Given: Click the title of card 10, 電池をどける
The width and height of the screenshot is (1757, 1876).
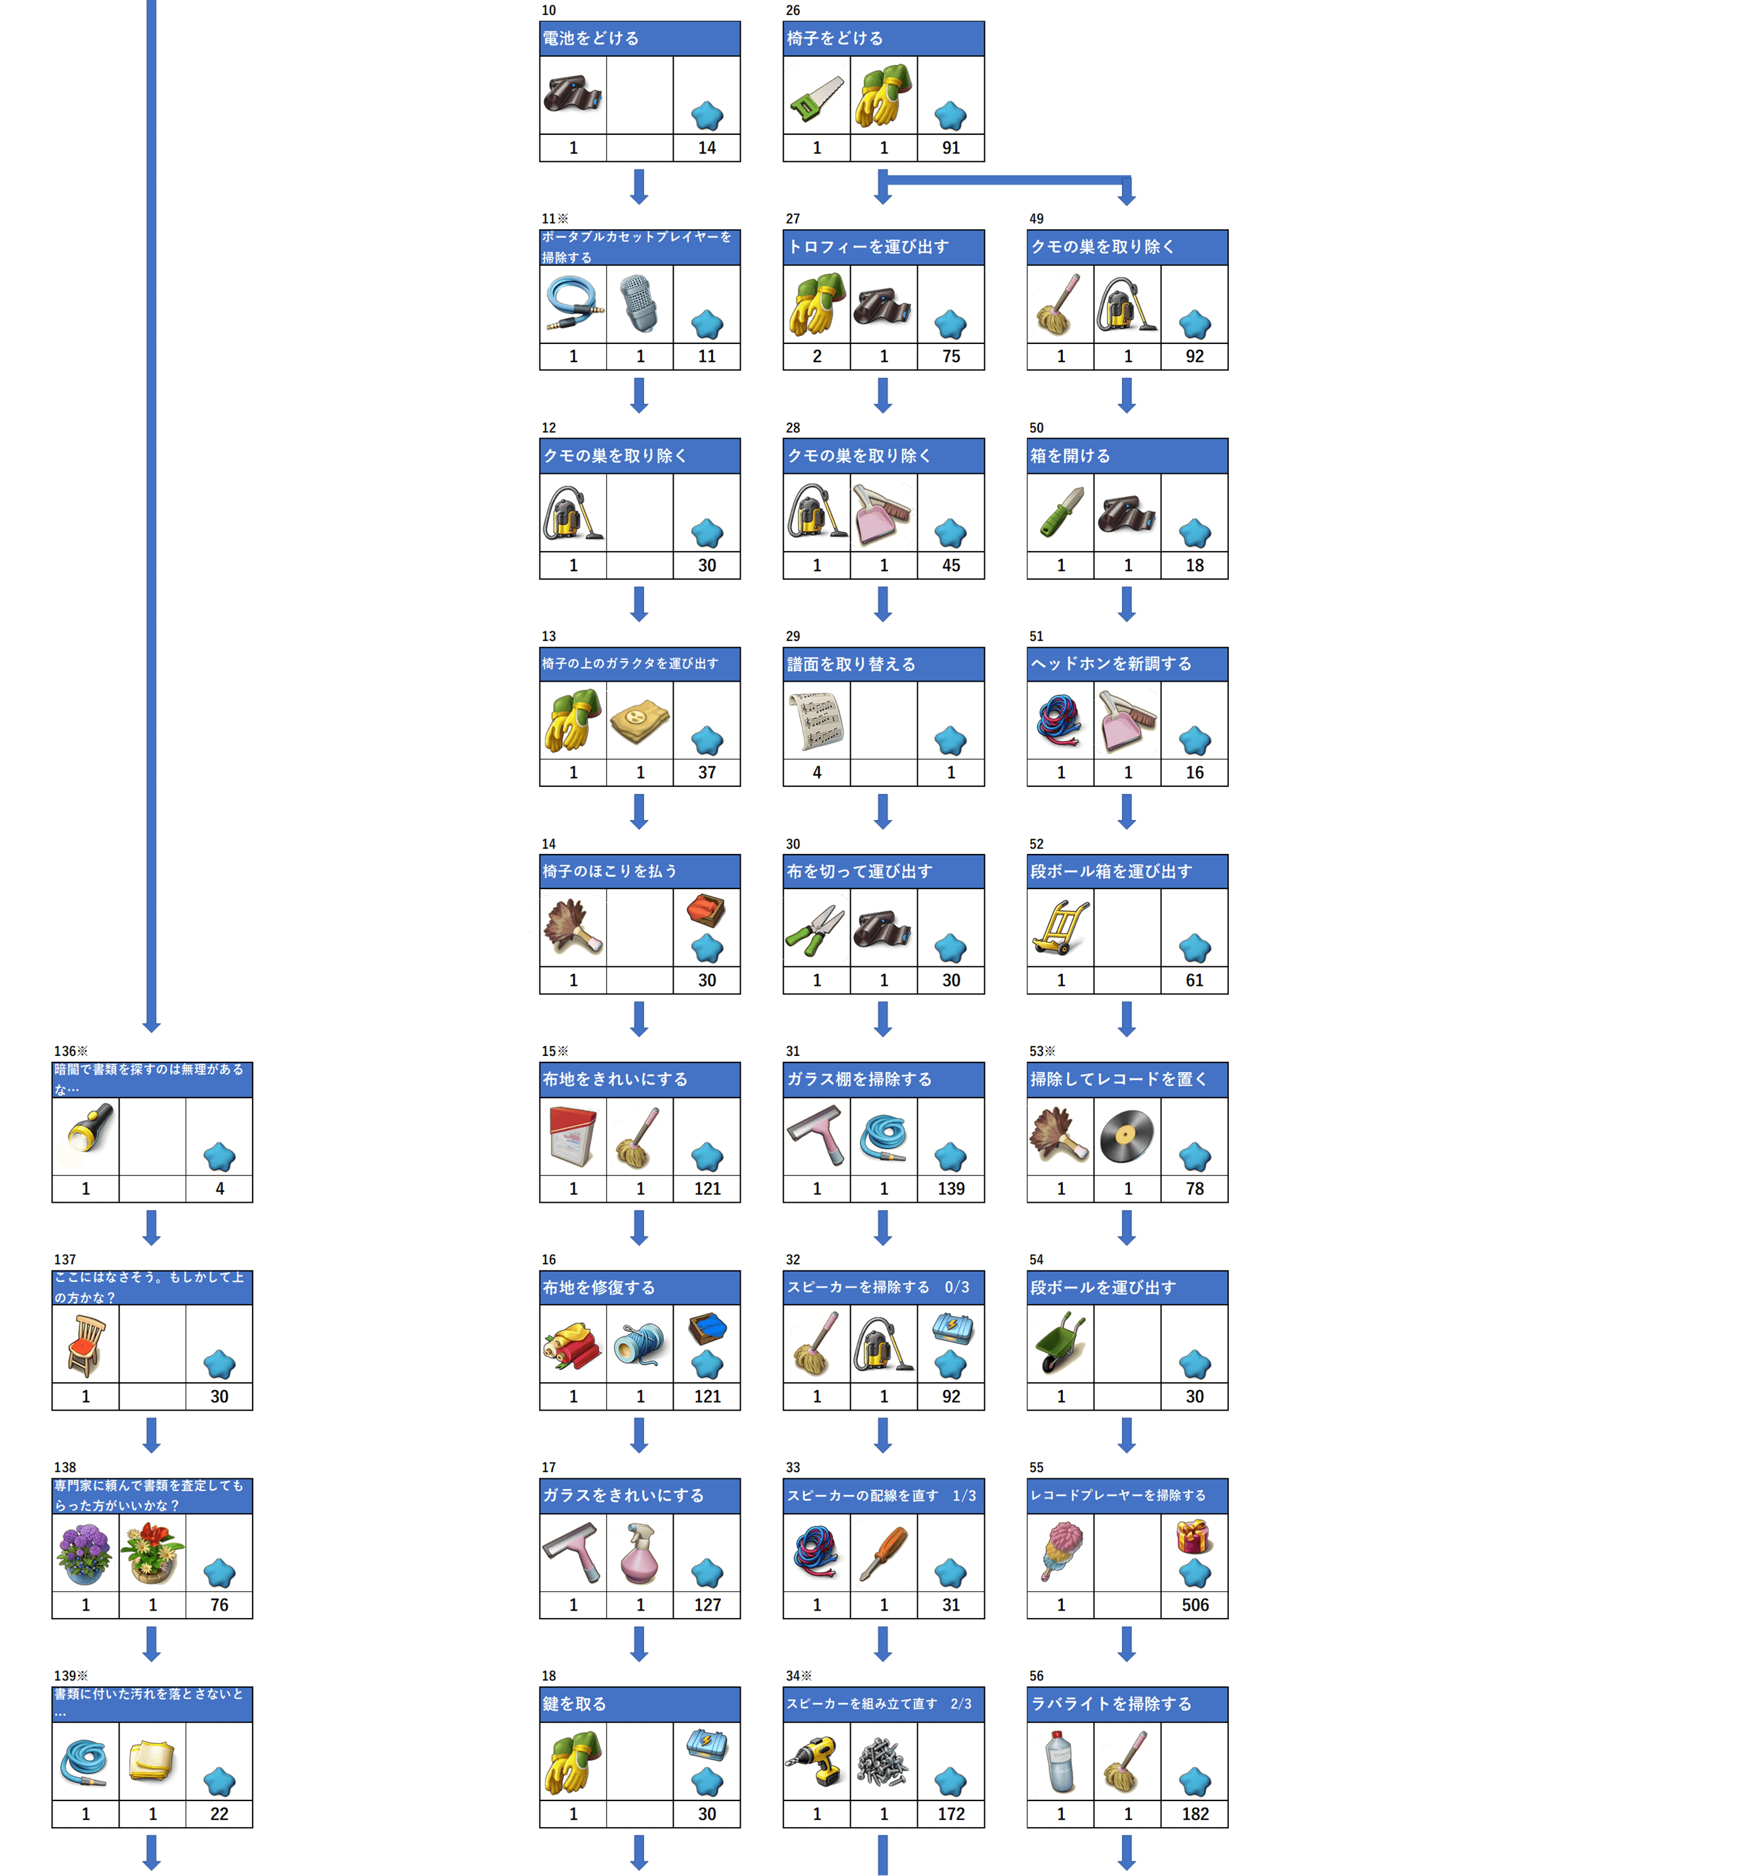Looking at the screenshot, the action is pyautogui.click(x=591, y=39).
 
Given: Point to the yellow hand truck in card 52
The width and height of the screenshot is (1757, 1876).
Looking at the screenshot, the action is pyautogui.click(x=1060, y=928).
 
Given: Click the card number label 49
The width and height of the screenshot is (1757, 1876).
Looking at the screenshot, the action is pyautogui.click(x=1036, y=219).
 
